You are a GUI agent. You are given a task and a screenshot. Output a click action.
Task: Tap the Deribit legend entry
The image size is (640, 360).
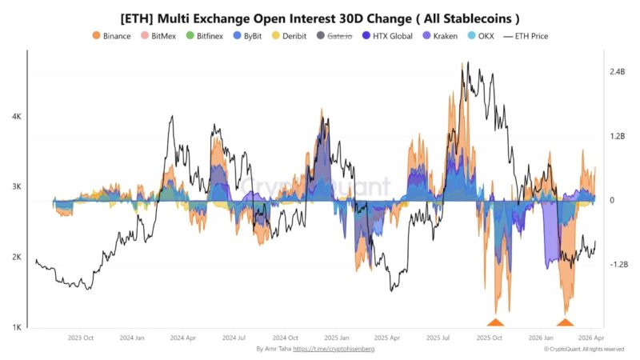click(289, 36)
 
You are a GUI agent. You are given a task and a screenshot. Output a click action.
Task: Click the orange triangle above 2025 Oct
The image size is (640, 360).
click(495, 322)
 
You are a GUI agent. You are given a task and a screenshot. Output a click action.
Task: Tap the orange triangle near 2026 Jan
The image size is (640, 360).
click(565, 322)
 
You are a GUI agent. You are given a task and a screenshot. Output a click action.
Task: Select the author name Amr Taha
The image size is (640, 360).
click(277, 349)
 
